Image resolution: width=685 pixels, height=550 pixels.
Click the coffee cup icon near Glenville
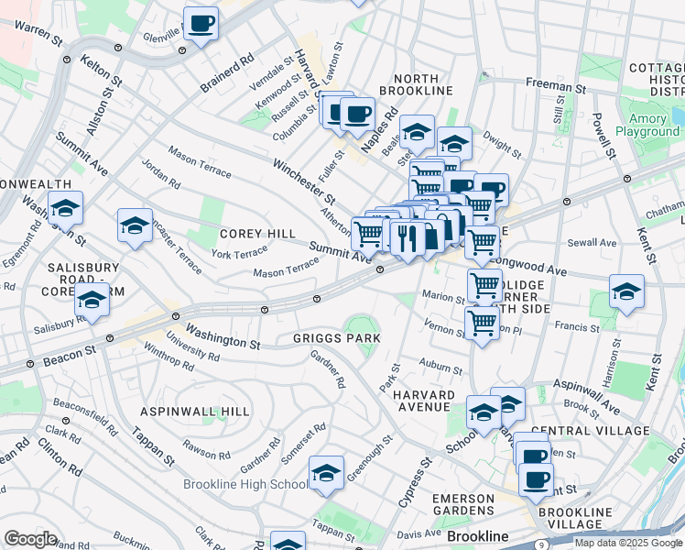click(x=201, y=24)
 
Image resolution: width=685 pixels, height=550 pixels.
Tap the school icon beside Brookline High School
click(x=326, y=472)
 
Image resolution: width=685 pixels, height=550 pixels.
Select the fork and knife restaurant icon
click(x=407, y=237)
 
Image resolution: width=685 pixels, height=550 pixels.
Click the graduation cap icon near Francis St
click(x=626, y=291)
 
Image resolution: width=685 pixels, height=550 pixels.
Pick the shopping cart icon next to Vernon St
click(x=482, y=323)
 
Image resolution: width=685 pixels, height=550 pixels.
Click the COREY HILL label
click(x=256, y=234)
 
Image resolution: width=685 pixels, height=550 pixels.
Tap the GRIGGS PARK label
click(x=336, y=338)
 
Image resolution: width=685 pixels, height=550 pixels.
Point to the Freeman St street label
click(x=549, y=83)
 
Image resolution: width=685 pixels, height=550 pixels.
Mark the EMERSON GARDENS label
click(x=463, y=504)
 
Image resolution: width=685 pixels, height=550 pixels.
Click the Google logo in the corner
click(x=30, y=538)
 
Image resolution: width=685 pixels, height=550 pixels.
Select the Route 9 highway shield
click(x=542, y=544)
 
